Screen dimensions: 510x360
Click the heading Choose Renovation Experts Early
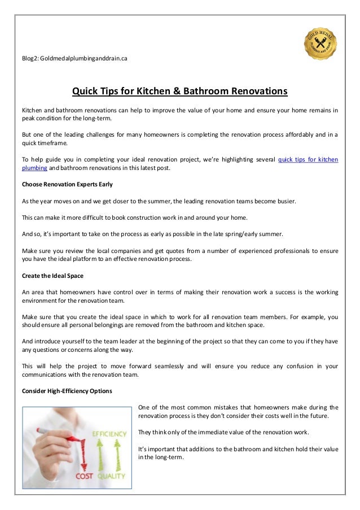[x=67, y=184]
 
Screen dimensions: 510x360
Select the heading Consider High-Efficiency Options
[x=67, y=391]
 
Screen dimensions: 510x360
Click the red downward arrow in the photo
[x=85, y=452]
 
